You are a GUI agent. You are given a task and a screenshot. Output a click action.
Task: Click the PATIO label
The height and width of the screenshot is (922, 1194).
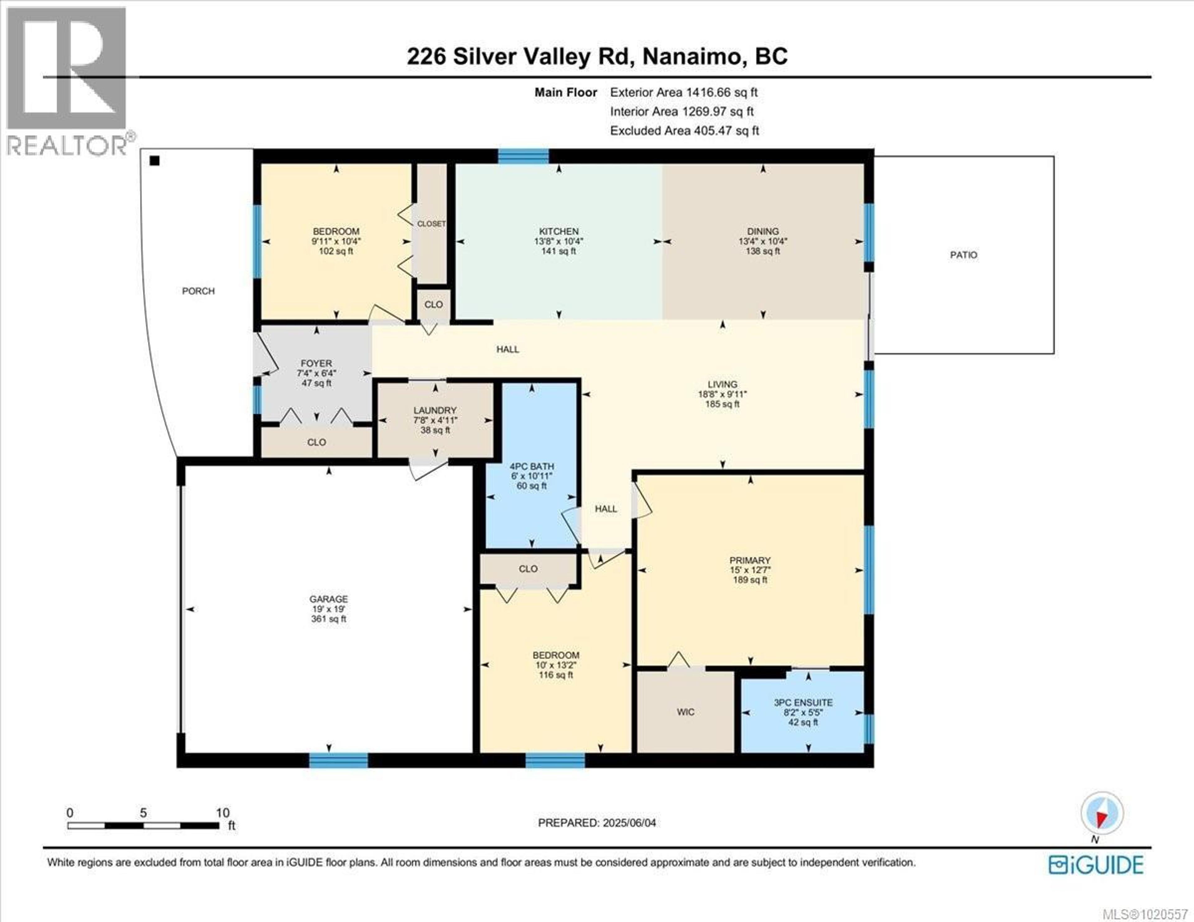click(x=963, y=255)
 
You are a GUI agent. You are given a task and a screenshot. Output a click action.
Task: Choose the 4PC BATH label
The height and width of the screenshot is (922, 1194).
click(x=531, y=466)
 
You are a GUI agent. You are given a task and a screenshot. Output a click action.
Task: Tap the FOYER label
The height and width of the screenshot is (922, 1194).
click(x=316, y=363)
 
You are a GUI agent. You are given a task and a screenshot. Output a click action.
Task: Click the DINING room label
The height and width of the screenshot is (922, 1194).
click(x=763, y=231)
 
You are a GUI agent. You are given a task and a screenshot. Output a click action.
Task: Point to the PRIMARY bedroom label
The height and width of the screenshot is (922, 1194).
click(x=750, y=560)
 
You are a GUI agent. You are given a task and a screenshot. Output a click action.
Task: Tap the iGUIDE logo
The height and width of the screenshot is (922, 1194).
click(x=1096, y=865)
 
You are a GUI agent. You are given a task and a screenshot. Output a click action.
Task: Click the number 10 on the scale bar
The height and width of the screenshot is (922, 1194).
click(x=223, y=813)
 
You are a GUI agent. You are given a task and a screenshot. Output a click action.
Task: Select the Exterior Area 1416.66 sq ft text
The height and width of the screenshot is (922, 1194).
click(x=683, y=92)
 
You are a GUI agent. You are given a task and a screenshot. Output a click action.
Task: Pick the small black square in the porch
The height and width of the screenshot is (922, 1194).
click(x=155, y=161)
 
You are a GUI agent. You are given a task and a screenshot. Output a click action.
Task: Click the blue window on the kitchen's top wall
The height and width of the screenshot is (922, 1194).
click(x=523, y=157)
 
